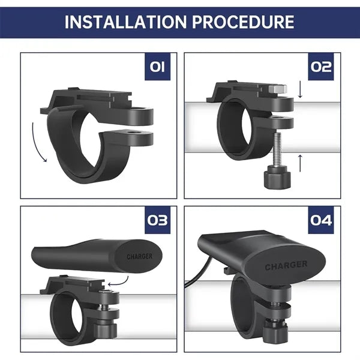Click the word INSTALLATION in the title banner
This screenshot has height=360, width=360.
pos(125,22)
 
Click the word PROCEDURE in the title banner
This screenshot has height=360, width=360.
pos(243,22)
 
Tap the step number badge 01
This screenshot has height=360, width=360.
pos(157,67)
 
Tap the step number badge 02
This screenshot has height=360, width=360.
pos(321,67)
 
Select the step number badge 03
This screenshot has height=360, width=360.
pos(157,220)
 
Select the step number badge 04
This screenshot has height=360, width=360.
pos(321,220)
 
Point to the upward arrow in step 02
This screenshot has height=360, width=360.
pos(300,163)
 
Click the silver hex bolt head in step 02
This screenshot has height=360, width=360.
pos(277,89)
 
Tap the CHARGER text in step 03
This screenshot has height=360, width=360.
pos(139,256)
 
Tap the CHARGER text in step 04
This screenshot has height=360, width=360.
pos(286,265)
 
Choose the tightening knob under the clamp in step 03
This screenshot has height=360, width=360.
pos(105,329)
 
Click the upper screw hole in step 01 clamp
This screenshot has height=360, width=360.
pos(138,109)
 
